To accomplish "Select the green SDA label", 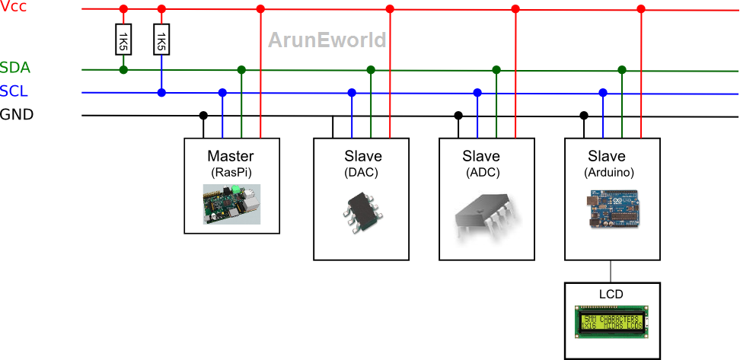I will pyautogui.click(x=14, y=68).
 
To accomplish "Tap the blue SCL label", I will pyautogui.click(x=14, y=91).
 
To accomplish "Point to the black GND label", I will pyautogui.click(x=17, y=115).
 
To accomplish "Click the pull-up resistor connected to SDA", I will pyautogui.click(x=123, y=40).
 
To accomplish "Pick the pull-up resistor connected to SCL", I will pyautogui.click(x=161, y=40).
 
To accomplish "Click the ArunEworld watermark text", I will pyautogui.click(x=327, y=40).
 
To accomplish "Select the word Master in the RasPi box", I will pyautogui.click(x=231, y=157).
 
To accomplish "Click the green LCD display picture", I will pyautogui.click(x=611, y=322).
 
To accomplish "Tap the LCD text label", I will pyautogui.click(x=611, y=293).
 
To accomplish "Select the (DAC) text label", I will pyautogui.click(x=361, y=173).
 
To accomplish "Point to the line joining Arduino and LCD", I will pyautogui.click(x=611, y=271).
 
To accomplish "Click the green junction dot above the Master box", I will pyautogui.click(x=241, y=69).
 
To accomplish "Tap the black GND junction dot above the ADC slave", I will pyautogui.click(x=458, y=116).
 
